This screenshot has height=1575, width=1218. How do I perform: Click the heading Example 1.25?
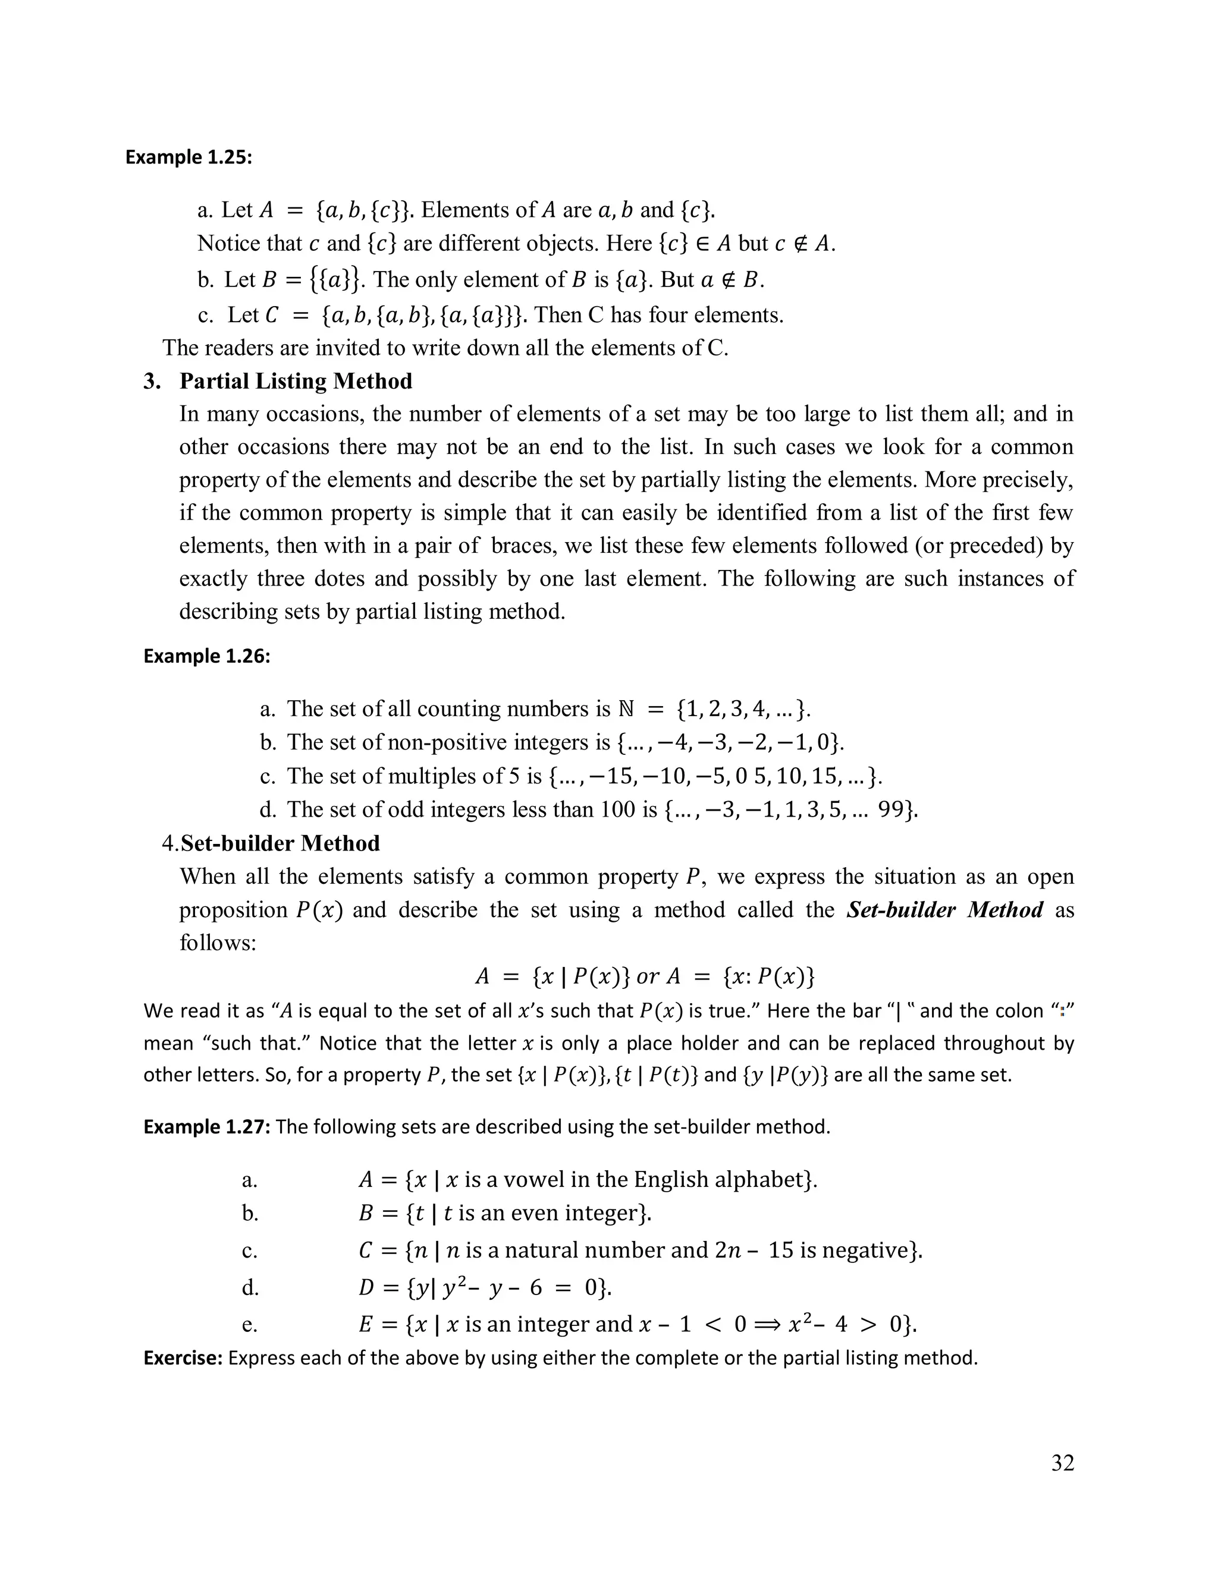(x=189, y=157)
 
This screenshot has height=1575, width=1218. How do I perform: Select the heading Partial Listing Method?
(x=296, y=381)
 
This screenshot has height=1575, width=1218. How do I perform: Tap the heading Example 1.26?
(x=206, y=656)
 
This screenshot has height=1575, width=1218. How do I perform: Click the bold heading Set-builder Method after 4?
(x=280, y=843)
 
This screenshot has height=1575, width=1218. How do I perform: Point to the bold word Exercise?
(x=183, y=1358)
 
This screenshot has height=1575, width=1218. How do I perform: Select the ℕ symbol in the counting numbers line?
(x=626, y=709)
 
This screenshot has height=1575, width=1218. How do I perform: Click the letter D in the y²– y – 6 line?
(x=366, y=1287)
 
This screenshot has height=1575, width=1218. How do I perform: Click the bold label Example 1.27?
(x=206, y=1126)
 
